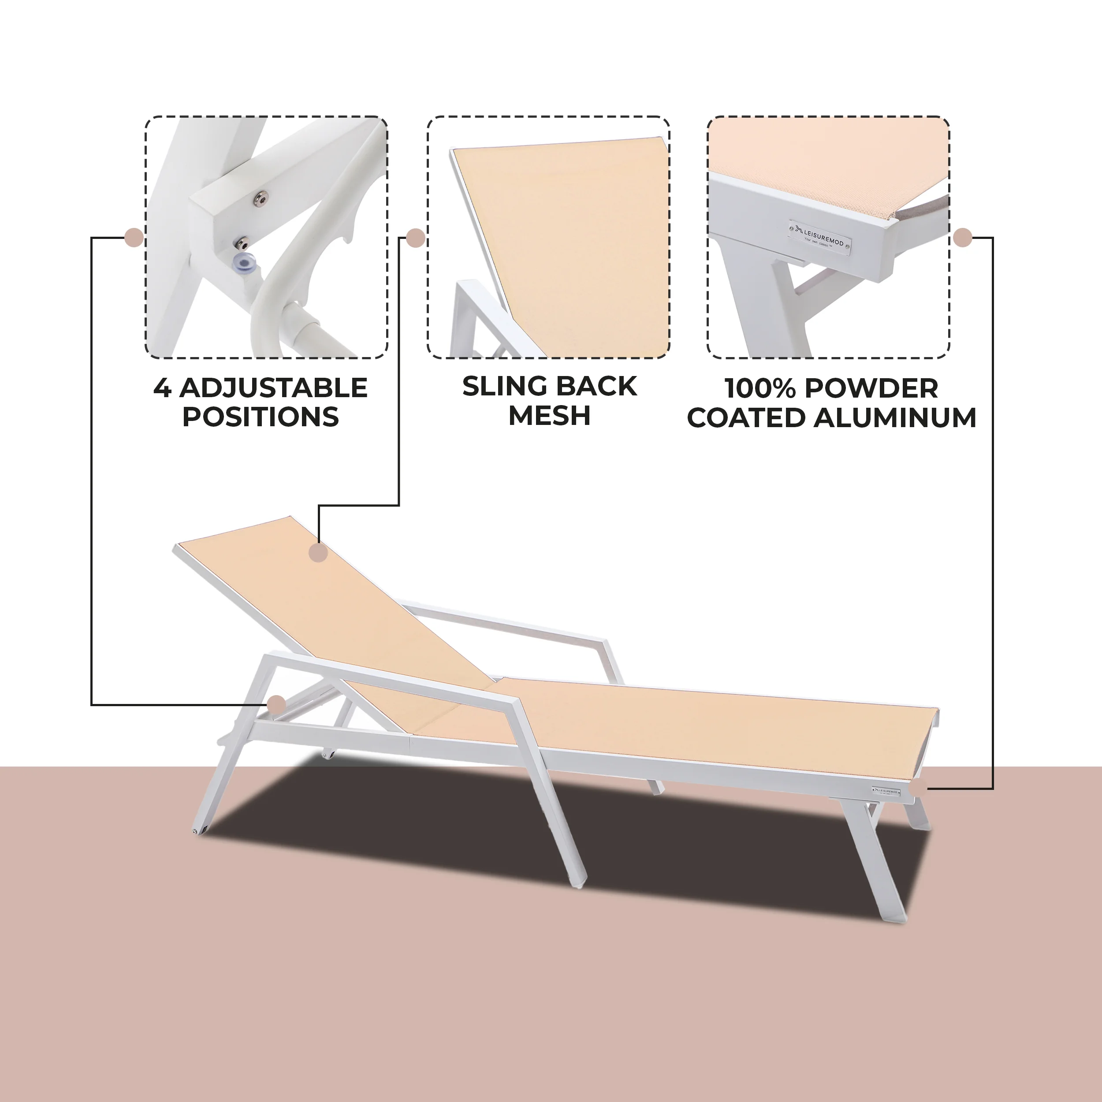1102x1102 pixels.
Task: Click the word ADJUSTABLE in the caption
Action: (x=273, y=388)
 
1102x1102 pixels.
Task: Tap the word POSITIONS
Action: (x=261, y=417)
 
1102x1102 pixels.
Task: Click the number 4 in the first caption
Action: (x=162, y=388)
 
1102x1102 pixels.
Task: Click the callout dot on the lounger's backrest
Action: (x=318, y=552)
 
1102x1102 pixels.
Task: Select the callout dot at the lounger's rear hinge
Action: (x=277, y=704)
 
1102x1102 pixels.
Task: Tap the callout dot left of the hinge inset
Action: (x=134, y=237)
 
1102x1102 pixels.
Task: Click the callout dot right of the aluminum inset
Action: (x=963, y=237)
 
